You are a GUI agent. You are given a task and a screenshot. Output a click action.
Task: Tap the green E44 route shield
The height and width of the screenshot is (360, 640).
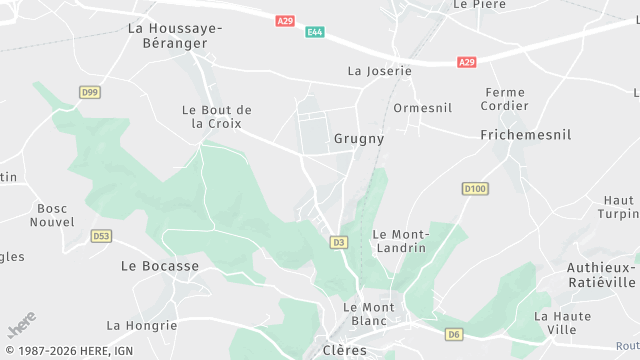point(314,32)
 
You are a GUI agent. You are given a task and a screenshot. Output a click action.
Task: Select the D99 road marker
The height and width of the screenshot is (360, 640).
point(90,92)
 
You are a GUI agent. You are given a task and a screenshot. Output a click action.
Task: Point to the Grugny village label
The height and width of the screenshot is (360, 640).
point(358,139)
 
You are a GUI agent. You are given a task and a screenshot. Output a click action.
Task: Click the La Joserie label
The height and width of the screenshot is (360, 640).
point(379,71)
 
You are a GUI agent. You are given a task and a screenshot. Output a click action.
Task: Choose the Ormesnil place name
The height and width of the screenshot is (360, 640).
point(423,108)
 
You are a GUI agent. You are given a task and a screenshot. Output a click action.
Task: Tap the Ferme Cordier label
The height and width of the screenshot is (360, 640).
point(503,99)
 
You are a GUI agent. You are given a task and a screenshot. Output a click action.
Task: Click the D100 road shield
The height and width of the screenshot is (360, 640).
point(475,188)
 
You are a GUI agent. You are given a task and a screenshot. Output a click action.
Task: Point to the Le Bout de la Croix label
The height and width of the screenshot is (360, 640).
point(216,116)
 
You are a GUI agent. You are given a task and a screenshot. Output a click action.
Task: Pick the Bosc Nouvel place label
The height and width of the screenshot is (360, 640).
point(52,215)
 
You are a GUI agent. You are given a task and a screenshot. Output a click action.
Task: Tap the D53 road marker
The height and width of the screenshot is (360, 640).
point(101,236)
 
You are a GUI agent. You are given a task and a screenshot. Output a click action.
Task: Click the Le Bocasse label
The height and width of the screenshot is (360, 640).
point(160,266)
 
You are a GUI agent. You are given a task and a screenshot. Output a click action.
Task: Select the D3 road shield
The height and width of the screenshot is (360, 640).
point(338,242)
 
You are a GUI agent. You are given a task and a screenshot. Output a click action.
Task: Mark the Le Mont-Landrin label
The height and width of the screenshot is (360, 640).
point(399,240)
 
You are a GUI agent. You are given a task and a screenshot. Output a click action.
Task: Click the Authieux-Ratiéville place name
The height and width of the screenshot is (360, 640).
point(601,274)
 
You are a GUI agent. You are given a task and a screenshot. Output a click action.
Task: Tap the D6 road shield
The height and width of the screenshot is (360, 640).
point(455,334)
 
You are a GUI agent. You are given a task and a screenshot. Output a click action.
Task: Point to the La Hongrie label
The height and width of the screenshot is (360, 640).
point(141,325)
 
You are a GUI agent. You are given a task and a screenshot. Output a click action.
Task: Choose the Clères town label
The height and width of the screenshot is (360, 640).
point(345,351)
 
